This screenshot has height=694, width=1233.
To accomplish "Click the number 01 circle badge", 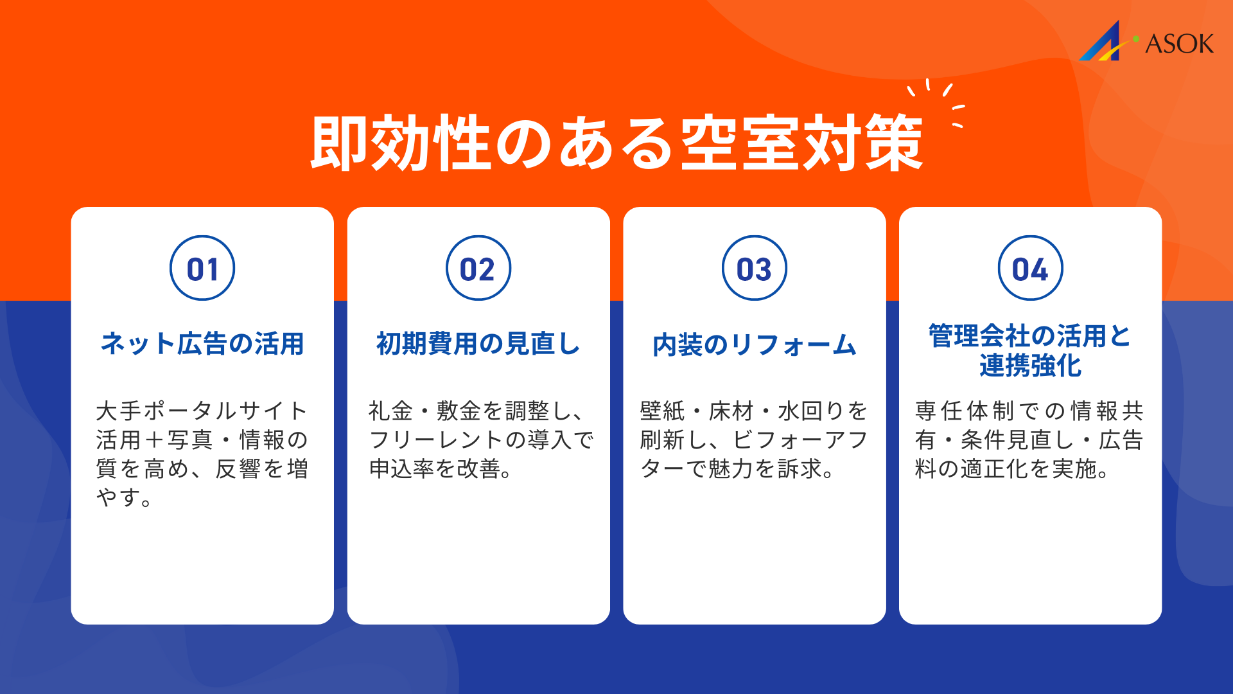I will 202,269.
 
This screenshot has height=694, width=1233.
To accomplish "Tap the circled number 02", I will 478,269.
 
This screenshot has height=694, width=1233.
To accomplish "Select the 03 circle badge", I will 755,269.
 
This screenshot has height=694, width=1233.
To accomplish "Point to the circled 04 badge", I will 1030,269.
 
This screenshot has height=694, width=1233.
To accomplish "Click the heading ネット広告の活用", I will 202,344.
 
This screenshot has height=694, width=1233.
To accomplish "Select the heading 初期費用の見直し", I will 478,344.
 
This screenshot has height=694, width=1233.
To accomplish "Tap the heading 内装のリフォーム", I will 755,345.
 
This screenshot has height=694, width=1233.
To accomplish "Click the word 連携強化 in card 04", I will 1030,366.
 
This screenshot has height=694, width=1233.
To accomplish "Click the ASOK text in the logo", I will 1179,44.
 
